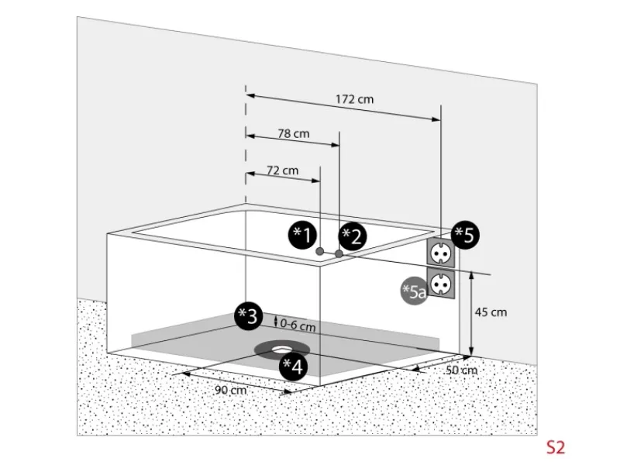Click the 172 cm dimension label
pos(355,99)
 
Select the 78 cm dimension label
pos(294,133)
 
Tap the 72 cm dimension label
pos(282,170)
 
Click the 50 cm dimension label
pos(462,370)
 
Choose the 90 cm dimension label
pos(230,390)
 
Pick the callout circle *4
pos(292,366)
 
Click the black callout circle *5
pos(466,235)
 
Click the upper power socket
pos(439,252)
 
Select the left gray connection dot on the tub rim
pos(320,251)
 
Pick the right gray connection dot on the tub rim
pos(339,253)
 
